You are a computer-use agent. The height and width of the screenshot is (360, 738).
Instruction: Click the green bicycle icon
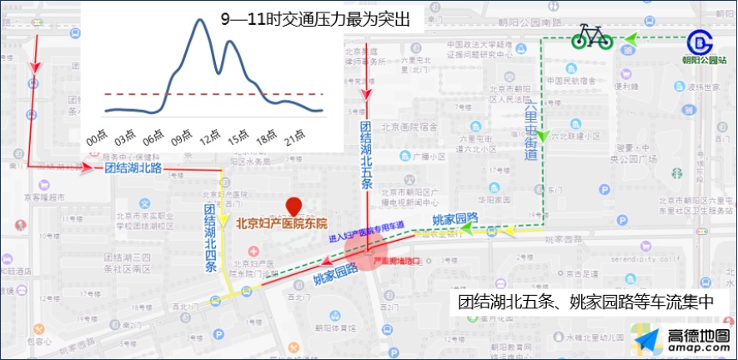592,37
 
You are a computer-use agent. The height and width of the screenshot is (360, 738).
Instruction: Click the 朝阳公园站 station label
704,60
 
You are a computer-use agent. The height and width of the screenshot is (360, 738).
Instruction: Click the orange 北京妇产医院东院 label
281,223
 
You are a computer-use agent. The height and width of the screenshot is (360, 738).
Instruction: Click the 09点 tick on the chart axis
181,137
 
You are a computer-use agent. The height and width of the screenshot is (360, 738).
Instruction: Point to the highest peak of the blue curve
200,20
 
